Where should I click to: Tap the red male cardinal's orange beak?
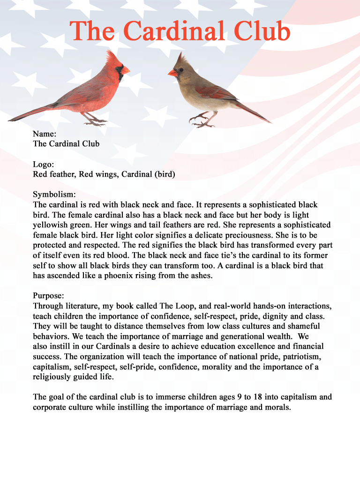(x=125, y=70)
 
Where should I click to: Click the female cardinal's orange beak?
(x=172, y=73)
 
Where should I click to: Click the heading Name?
(x=45, y=134)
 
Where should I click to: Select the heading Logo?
(x=44, y=165)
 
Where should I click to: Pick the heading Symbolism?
(x=54, y=195)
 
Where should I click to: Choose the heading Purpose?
(x=48, y=296)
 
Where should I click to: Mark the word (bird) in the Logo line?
(x=165, y=175)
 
